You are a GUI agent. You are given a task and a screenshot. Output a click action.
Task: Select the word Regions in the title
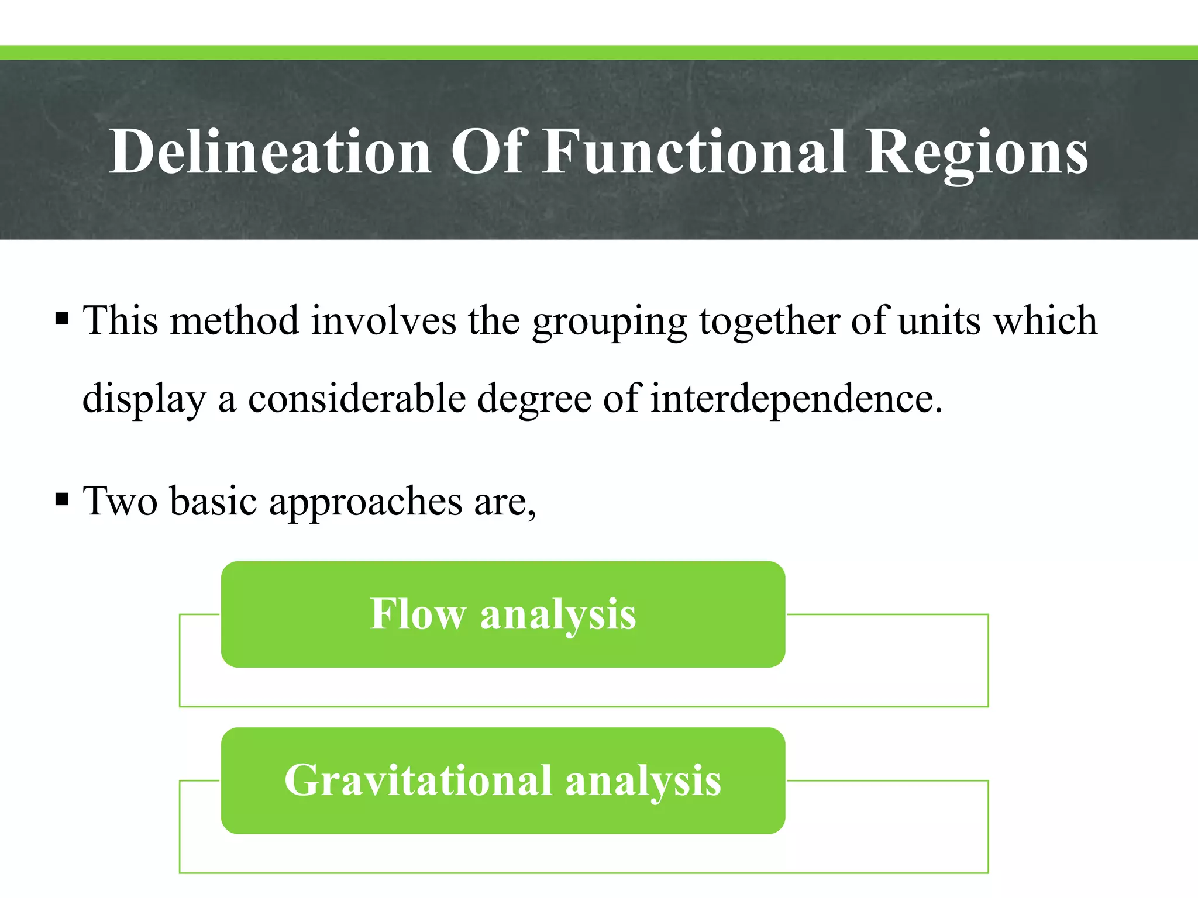point(976,153)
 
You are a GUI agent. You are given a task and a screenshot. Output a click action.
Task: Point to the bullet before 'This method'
point(62,320)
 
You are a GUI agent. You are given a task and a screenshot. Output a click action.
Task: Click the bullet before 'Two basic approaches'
point(62,500)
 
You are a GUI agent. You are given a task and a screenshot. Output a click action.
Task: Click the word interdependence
point(796,399)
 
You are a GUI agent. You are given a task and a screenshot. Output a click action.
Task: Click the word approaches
point(366,502)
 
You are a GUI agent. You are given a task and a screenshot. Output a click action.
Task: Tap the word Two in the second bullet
point(121,501)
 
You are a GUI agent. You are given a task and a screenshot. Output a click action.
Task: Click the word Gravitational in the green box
point(418,780)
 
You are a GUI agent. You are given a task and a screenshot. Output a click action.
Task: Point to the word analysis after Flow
point(558,616)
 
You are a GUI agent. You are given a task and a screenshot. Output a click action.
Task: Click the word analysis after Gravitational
point(643,782)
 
